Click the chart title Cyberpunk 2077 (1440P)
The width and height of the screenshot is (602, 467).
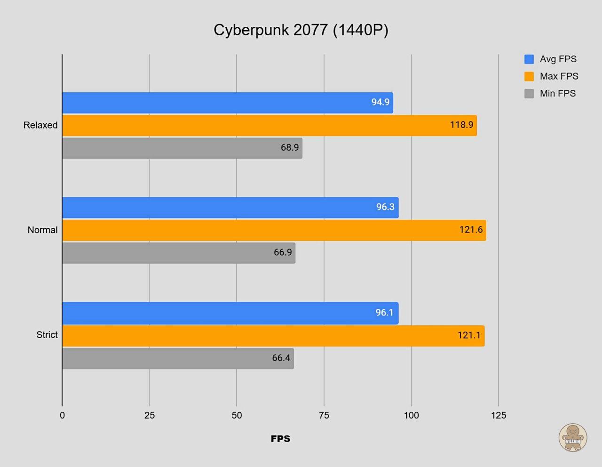tap(301, 30)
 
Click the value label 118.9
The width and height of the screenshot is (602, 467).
tap(461, 125)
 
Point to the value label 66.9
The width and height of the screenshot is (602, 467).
tap(283, 252)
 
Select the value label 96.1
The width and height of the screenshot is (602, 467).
tap(384, 313)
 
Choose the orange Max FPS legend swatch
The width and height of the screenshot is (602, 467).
tap(529, 76)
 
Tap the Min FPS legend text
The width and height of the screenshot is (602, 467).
tap(558, 94)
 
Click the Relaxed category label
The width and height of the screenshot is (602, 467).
tap(40, 125)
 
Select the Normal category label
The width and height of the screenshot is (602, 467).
tap(42, 230)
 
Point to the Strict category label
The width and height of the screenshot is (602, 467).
tap(47, 335)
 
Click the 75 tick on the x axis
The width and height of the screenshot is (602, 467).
tap(324, 415)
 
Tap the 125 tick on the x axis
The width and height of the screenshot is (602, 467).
tap(499, 415)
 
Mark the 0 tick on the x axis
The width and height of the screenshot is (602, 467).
tap(62, 415)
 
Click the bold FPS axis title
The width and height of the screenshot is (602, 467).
tap(280, 439)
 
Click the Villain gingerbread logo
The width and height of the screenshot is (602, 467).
tap(573, 438)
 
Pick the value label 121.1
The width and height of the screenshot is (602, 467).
tap(469, 335)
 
